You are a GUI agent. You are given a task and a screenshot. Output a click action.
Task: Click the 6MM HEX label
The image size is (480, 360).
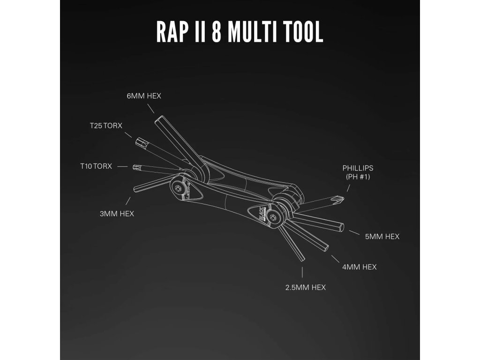pos(144,96)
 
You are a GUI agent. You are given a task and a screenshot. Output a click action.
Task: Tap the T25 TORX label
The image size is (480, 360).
pos(106,126)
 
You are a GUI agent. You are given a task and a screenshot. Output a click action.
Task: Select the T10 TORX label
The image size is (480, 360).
pos(96,166)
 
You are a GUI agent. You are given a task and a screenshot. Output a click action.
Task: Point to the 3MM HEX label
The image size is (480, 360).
pos(117,213)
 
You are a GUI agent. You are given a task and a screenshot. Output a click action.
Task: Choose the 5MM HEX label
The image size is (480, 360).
pos(382,237)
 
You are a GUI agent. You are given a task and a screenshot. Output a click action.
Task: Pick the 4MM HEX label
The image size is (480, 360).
pos(359,267)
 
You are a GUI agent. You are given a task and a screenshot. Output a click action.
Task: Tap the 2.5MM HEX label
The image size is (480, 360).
pos(305,287)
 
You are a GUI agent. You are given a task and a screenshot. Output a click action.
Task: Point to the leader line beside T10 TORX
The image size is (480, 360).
pos(122,166)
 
